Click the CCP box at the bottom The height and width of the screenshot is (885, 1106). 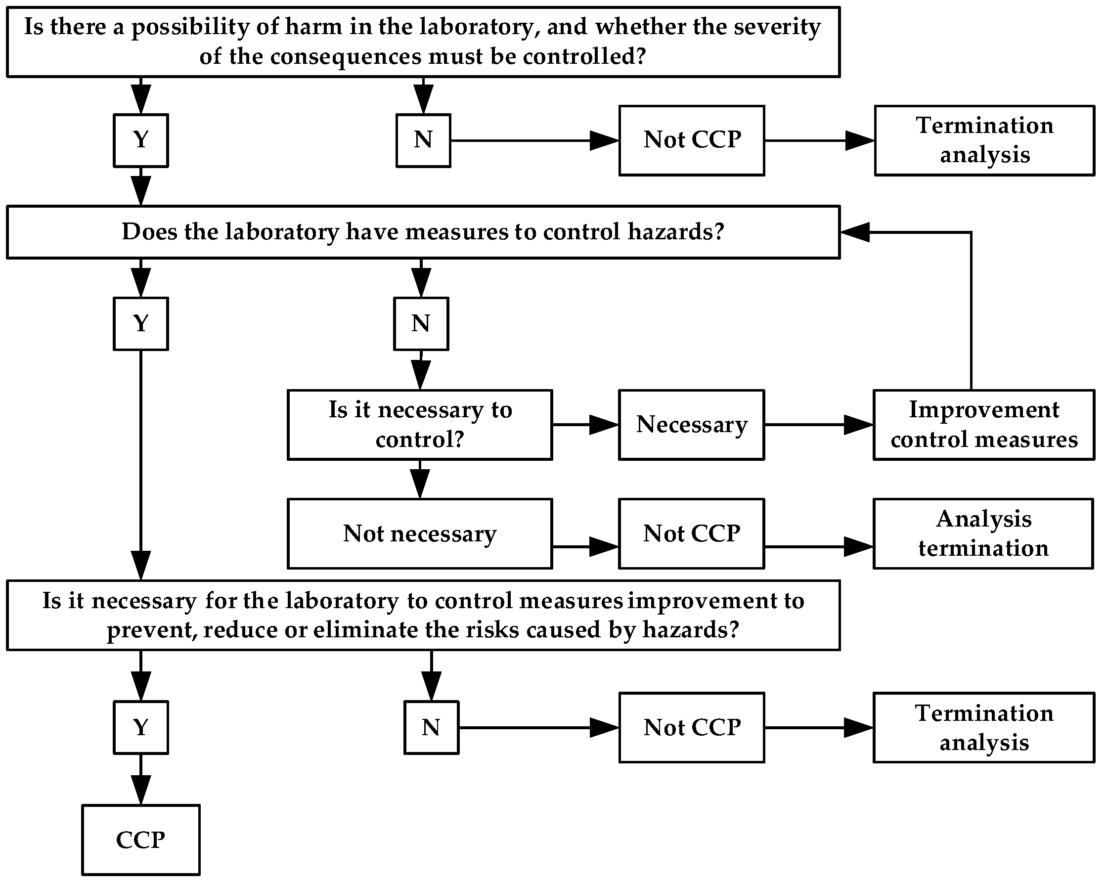click(140, 840)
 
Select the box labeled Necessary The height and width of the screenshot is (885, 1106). click(691, 425)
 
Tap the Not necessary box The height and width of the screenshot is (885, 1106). click(420, 533)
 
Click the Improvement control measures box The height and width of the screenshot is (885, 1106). click(983, 425)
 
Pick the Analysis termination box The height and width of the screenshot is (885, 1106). click(983, 533)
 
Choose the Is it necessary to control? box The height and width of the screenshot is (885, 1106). click(420, 425)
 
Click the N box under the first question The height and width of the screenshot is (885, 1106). click(423, 140)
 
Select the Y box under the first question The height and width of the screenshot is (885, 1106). click(140, 140)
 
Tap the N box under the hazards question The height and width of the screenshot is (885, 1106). click(421, 324)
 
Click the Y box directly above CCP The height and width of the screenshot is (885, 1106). click(140, 727)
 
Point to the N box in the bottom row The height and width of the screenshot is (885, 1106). click(431, 727)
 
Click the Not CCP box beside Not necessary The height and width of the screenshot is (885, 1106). click(691, 533)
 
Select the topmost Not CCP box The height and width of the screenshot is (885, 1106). click(692, 140)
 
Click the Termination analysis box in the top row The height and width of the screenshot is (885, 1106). click(984, 140)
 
